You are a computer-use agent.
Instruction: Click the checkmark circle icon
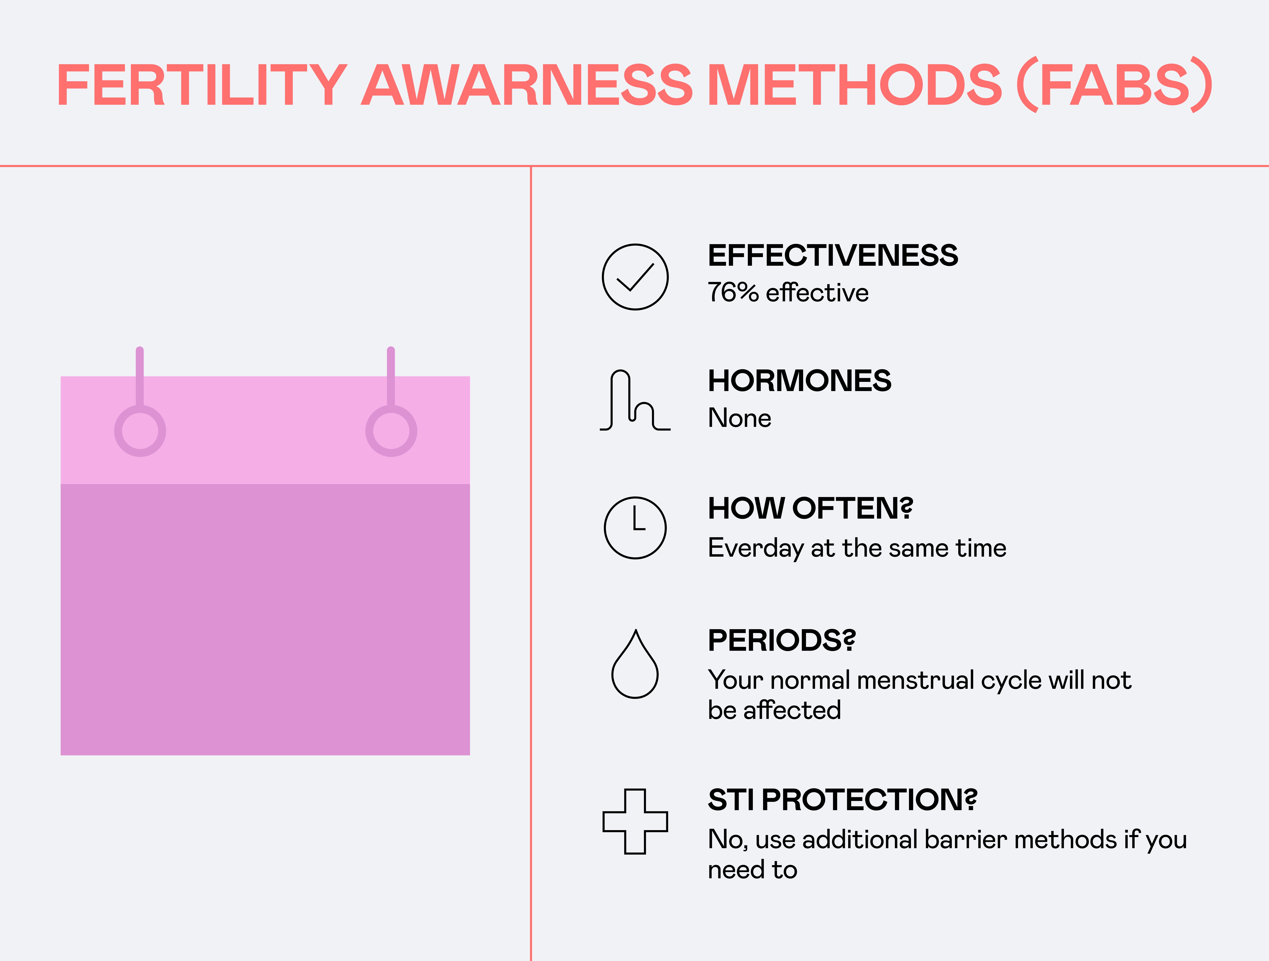click(635, 277)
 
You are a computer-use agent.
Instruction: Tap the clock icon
click(635, 528)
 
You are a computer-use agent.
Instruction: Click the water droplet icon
click(635, 665)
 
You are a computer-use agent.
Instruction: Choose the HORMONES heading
click(799, 381)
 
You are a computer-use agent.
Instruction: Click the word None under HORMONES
click(740, 418)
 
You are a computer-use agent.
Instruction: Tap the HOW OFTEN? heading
click(810, 508)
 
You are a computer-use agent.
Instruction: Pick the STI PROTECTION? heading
click(842, 800)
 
